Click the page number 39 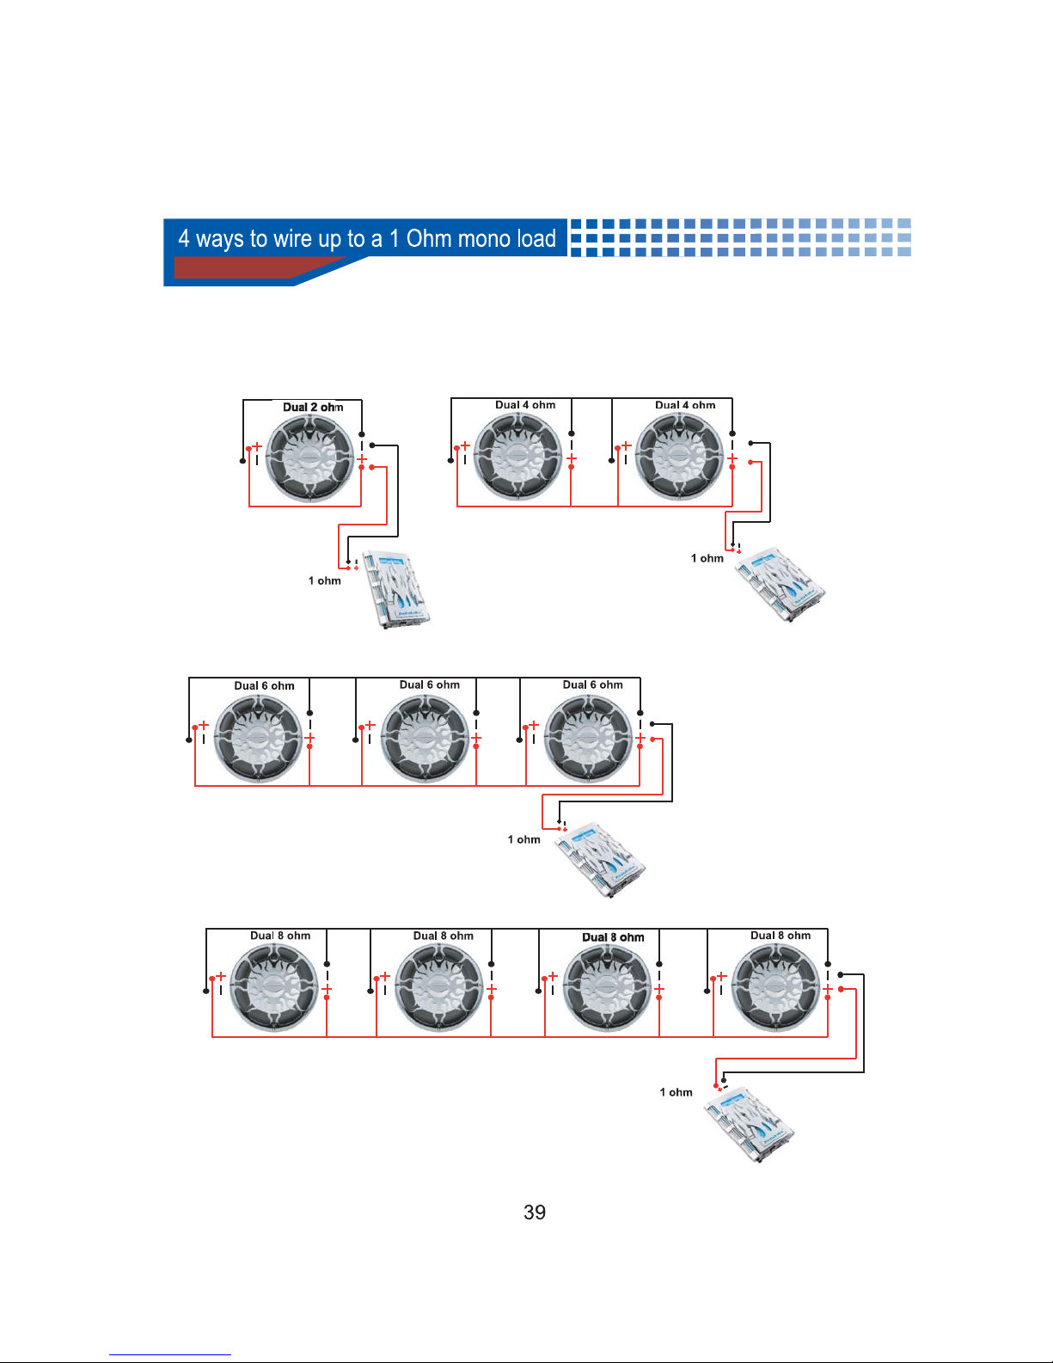[534, 1213]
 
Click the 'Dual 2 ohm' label [313, 407]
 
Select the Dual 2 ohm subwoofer [309, 458]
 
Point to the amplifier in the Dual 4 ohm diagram [781, 584]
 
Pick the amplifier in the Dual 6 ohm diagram [599, 860]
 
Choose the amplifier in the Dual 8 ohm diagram [749, 1124]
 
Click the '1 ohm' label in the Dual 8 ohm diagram [676, 1092]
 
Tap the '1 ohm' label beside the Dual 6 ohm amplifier [524, 839]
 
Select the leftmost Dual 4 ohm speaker [517, 457]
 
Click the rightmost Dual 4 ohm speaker [679, 457]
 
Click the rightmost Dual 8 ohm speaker [776, 989]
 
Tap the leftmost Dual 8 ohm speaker [274, 989]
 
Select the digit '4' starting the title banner [184, 238]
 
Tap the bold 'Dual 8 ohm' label [613, 937]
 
